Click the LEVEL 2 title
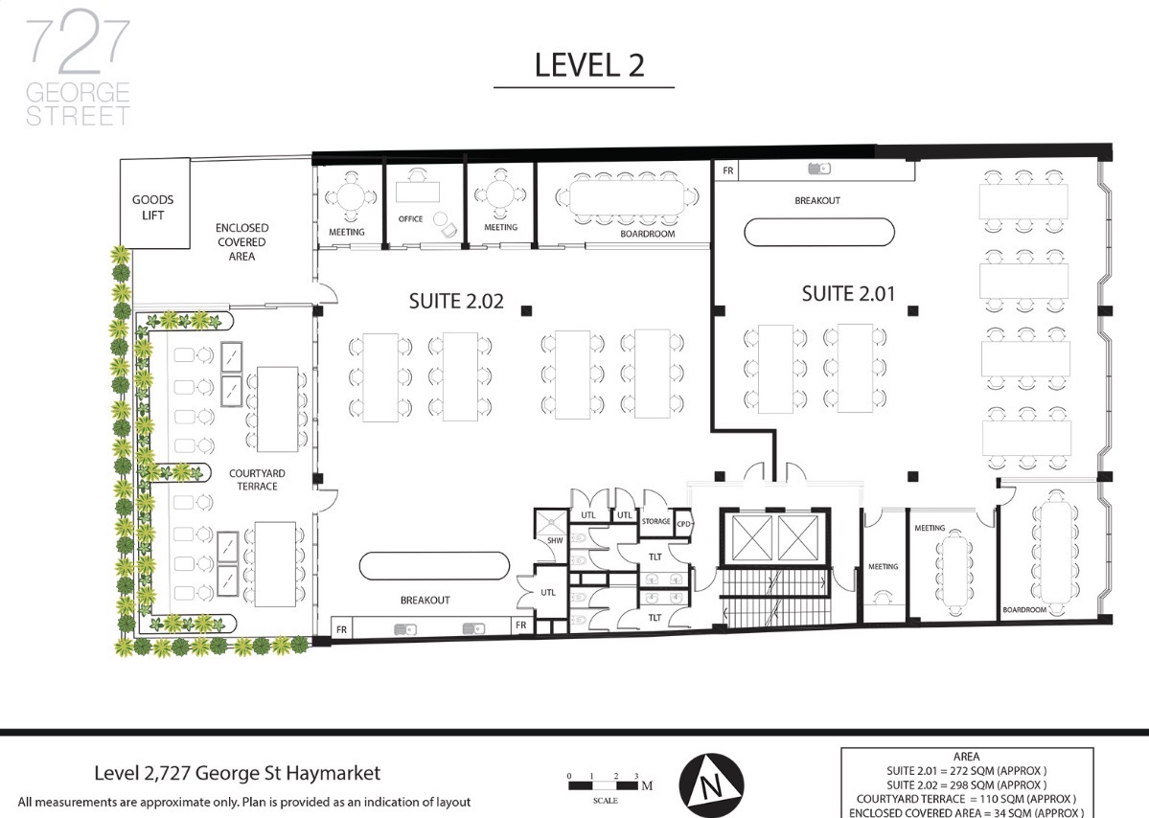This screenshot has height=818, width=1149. click(588, 64)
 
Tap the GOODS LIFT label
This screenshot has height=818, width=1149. click(152, 207)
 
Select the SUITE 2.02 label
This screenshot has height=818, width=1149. click(456, 301)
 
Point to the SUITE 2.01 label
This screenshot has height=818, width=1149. click(848, 294)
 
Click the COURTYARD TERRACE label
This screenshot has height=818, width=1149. click(257, 480)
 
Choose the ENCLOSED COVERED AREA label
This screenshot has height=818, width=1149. click(241, 241)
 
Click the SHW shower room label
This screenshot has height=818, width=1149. click(555, 540)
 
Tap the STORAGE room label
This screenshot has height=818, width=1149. click(655, 521)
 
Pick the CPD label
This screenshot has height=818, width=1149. click(683, 524)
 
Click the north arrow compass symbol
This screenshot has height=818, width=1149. click(711, 785)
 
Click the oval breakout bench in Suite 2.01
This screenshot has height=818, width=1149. click(818, 232)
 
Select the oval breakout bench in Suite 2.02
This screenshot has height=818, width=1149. click(434, 565)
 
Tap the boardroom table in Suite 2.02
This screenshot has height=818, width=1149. click(627, 197)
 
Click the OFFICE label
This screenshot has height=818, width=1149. click(410, 218)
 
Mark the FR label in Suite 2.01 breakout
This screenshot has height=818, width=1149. click(727, 170)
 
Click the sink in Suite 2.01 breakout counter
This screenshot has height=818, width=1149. click(819, 169)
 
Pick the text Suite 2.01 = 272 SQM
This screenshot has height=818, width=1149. click(966, 770)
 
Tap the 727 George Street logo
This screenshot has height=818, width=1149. click(78, 72)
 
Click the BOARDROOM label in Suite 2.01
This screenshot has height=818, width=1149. click(1024, 609)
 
